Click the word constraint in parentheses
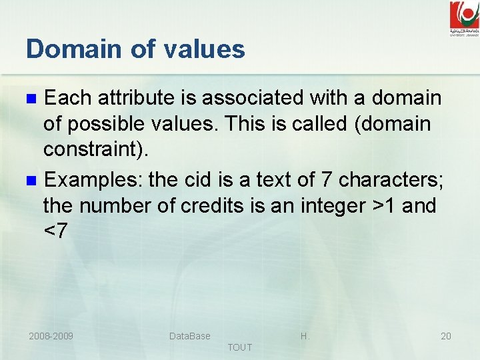point(92,149)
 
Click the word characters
point(389,180)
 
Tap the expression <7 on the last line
point(55,231)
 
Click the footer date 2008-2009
point(51,336)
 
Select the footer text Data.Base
point(189,336)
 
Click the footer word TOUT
point(240,347)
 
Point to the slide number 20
point(446,336)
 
